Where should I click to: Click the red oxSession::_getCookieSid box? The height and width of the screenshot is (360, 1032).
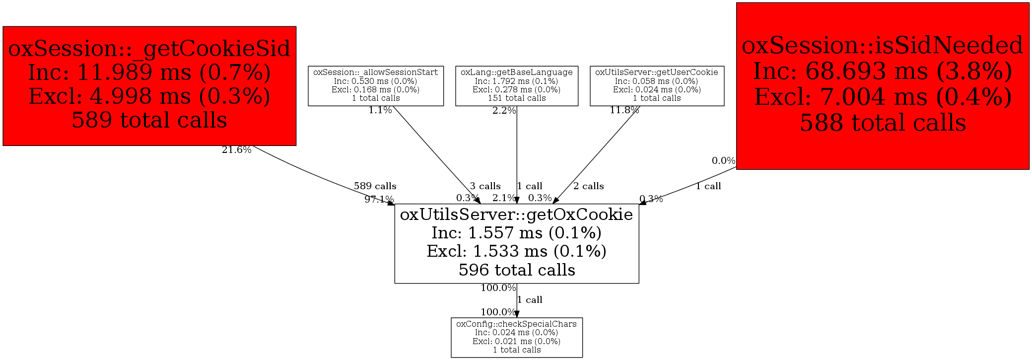tap(149, 86)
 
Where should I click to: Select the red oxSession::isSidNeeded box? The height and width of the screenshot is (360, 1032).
tap(882, 86)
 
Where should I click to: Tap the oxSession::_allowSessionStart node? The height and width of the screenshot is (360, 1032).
tap(376, 86)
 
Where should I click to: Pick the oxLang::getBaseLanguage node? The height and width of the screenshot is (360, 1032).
tap(517, 86)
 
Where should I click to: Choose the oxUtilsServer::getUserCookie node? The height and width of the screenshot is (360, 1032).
tap(657, 86)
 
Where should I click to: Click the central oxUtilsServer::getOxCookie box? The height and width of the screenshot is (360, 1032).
tap(517, 243)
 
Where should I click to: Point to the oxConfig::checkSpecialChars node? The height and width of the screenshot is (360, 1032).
tap(517, 337)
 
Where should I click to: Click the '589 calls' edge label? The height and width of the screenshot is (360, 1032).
tap(375, 186)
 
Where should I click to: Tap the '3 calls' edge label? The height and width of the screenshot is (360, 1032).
tap(485, 186)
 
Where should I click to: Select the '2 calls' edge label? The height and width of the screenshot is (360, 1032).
tap(588, 186)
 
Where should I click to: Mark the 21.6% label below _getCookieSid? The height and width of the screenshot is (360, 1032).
tap(236, 150)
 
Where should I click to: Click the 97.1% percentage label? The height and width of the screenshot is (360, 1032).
tap(379, 200)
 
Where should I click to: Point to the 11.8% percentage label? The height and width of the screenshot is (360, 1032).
tap(624, 110)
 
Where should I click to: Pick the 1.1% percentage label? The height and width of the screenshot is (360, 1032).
tap(380, 110)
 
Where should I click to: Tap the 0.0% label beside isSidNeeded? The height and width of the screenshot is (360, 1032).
tap(723, 161)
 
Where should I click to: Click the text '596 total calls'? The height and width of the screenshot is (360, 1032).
tap(517, 270)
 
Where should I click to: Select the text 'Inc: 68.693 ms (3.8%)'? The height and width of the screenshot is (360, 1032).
tap(883, 71)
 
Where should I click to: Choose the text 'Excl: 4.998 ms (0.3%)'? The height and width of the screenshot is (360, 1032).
tap(149, 96)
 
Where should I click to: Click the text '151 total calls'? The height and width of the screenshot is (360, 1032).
tap(517, 98)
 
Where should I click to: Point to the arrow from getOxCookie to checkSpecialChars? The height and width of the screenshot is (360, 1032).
tap(517, 301)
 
